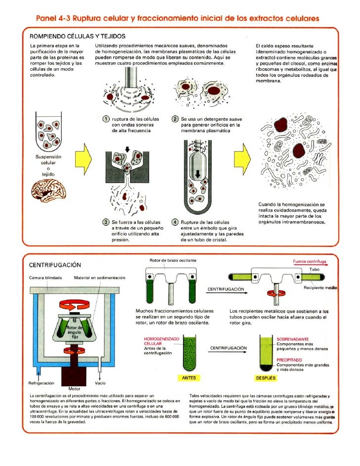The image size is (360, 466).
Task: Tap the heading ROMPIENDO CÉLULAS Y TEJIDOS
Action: [x=78, y=36]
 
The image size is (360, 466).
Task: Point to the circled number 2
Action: [x=175, y=119]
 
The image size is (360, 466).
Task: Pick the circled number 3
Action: [x=105, y=222]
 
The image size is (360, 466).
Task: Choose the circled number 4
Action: [x=175, y=222]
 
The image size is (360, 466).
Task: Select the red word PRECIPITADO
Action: [x=292, y=360]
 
